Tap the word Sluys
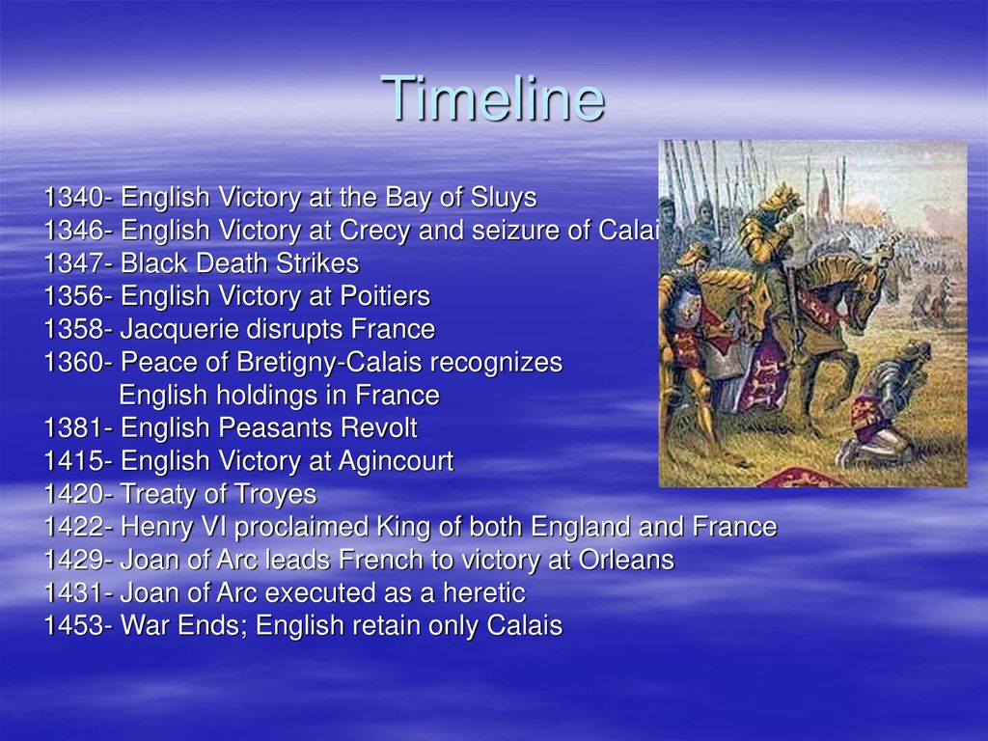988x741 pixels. coord(504,198)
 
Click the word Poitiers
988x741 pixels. coord(385,296)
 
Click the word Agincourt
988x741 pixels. coord(396,461)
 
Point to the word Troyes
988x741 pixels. coord(274,494)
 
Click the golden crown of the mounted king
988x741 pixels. coord(779,193)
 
